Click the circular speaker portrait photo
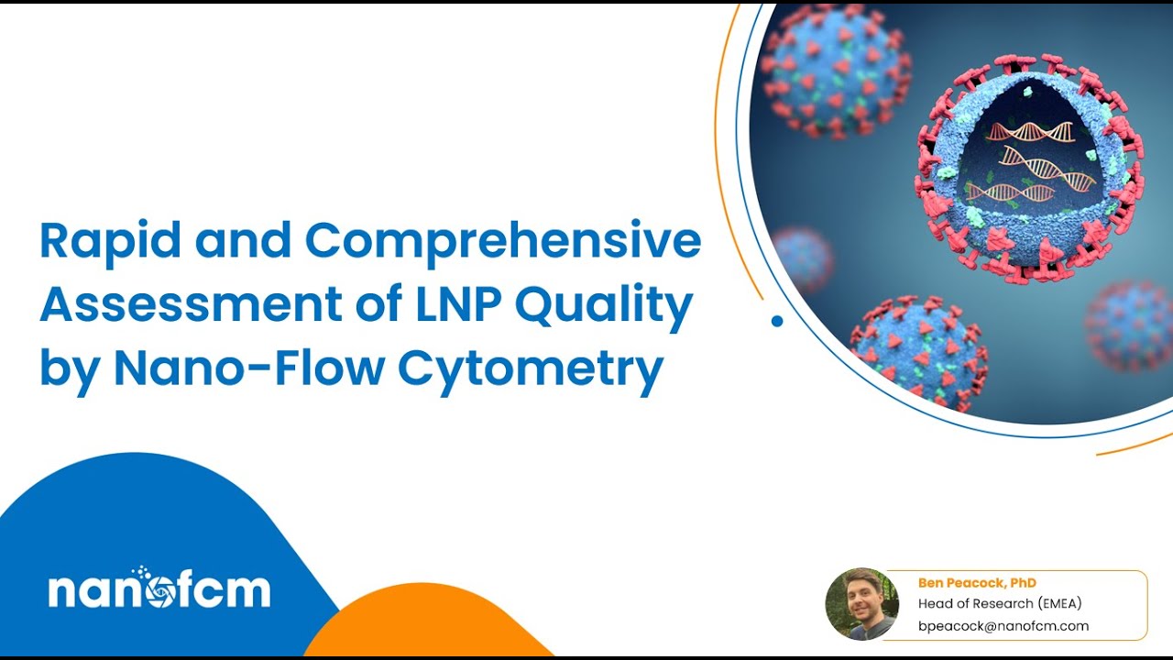[861, 604]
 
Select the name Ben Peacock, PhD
[977, 583]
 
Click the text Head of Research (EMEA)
[1000, 604]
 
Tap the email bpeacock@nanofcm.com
[1003, 626]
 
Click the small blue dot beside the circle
[777, 321]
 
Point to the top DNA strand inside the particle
[1031, 132]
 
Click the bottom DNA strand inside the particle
[1010, 192]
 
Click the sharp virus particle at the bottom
[918, 351]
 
